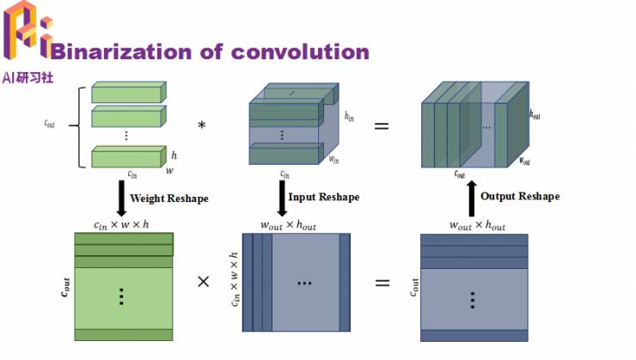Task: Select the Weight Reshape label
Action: click(x=168, y=198)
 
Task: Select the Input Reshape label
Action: click(x=323, y=197)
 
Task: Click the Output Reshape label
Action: click(x=520, y=197)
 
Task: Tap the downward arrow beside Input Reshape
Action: click(x=282, y=198)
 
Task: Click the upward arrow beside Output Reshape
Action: click(x=471, y=197)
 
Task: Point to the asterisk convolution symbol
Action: click(x=202, y=126)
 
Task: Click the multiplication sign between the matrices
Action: click(x=204, y=282)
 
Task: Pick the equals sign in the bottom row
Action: click(x=382, y=282)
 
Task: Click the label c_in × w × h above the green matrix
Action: click(x=122, y=225)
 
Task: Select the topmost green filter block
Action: click(x=126, y=93)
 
